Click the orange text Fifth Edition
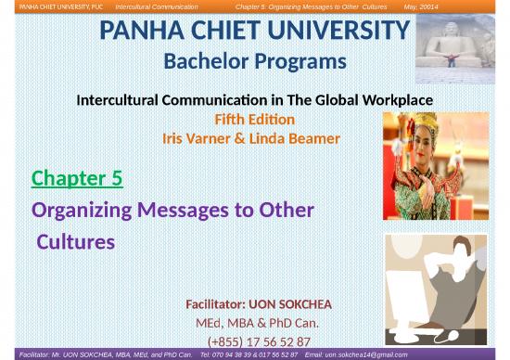(x=254, y=120)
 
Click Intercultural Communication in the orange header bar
(x=154, y=6)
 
